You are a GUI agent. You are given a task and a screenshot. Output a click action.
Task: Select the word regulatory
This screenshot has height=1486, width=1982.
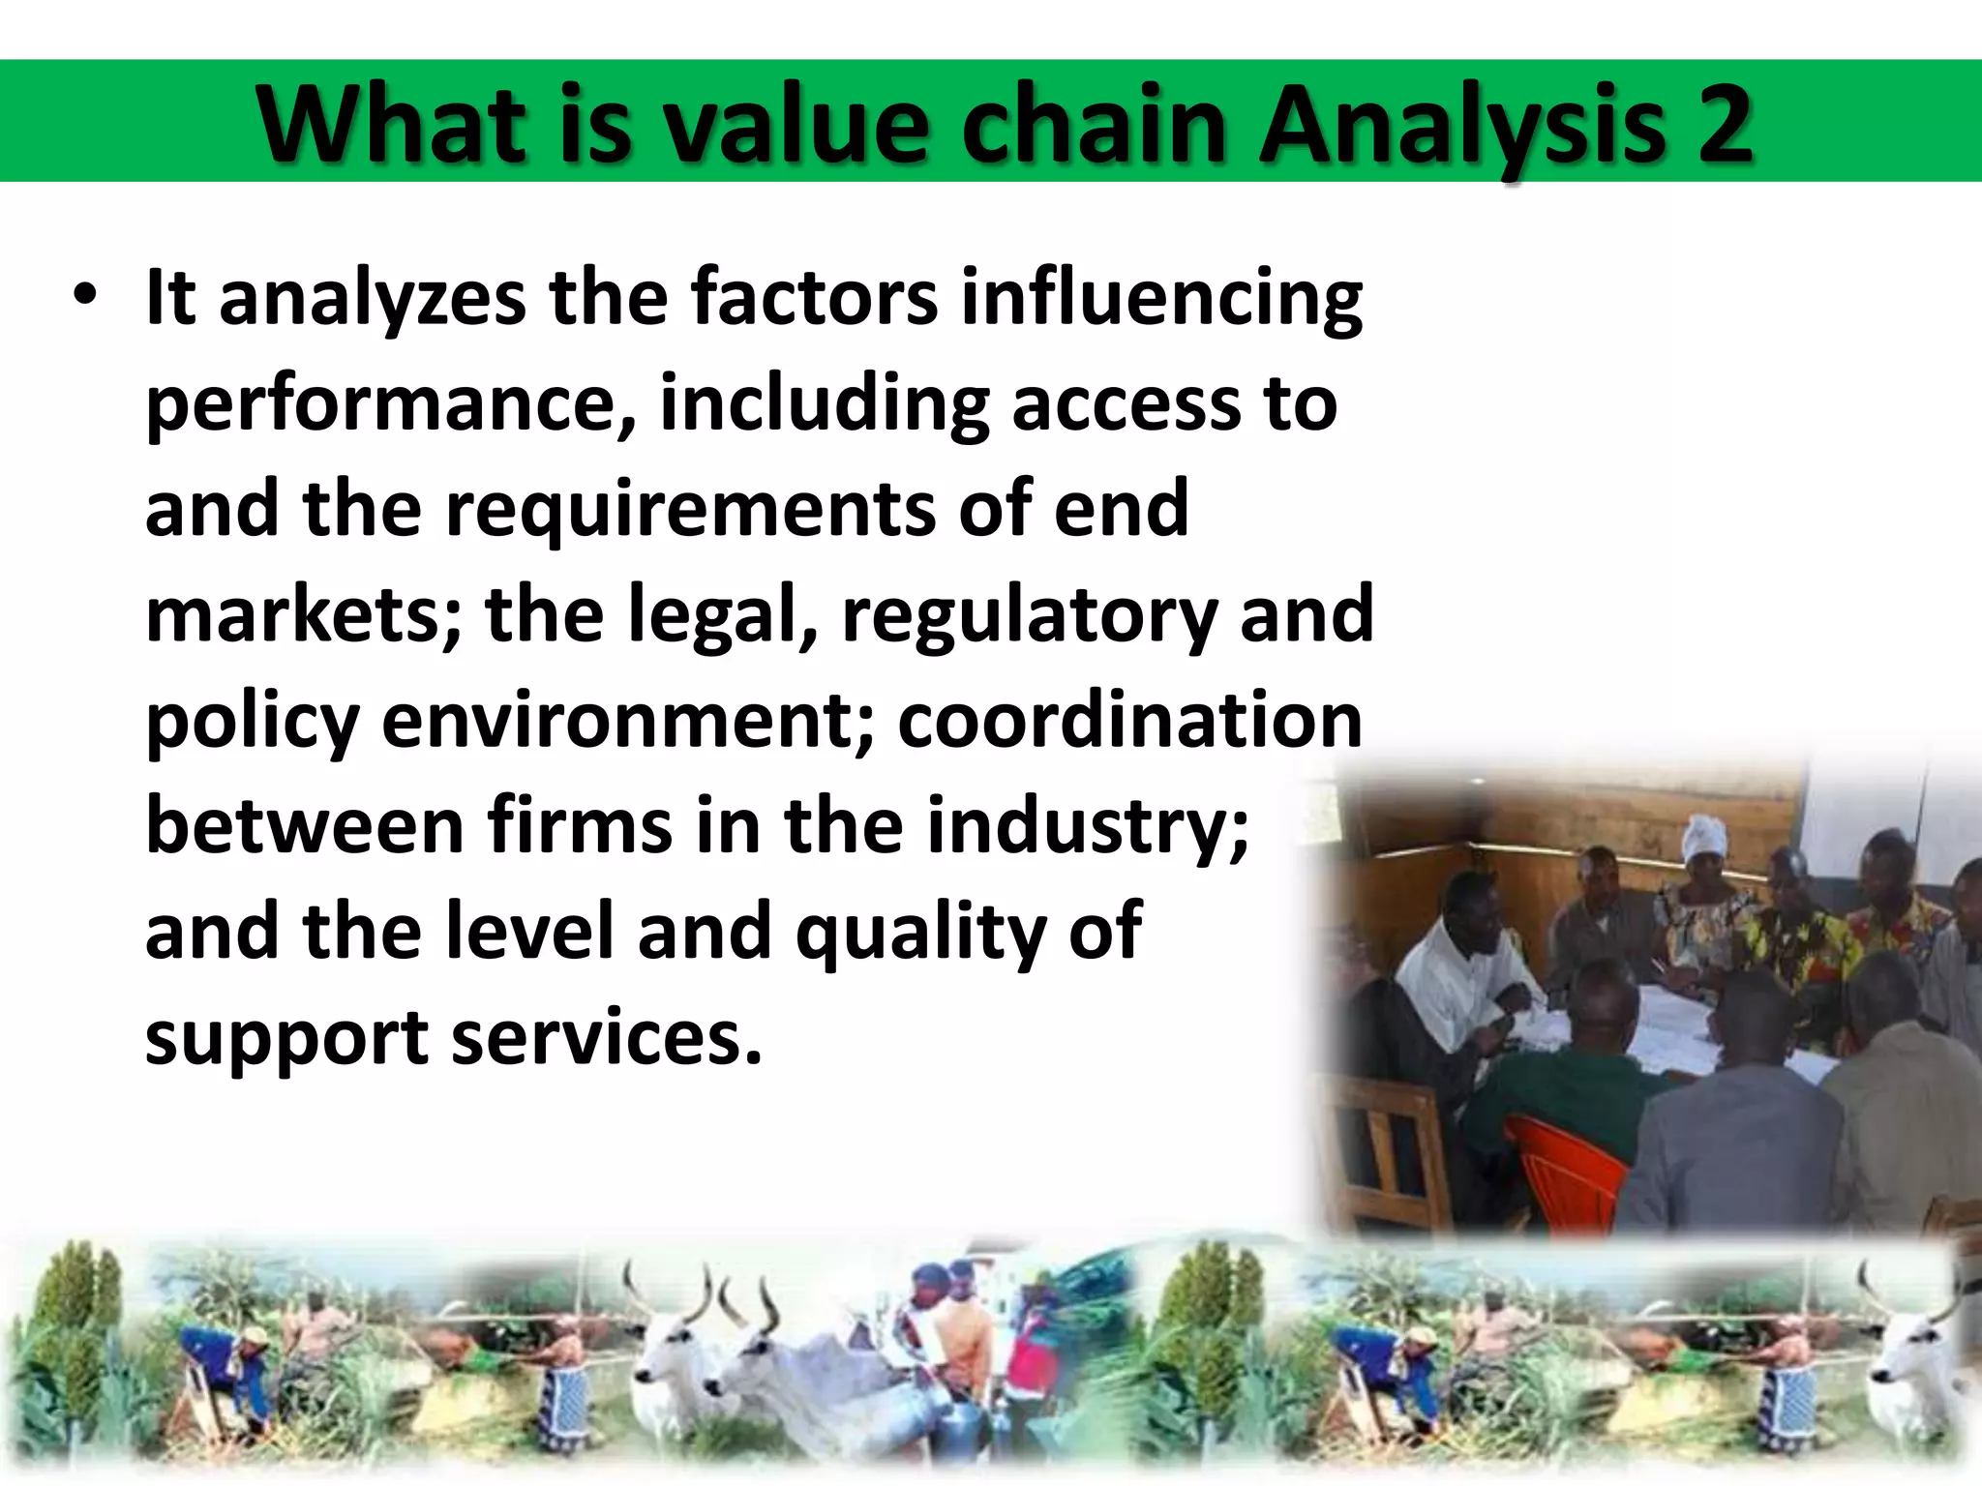point(1029,616)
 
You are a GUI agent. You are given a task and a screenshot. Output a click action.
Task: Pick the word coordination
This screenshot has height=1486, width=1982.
point(1129,721)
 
